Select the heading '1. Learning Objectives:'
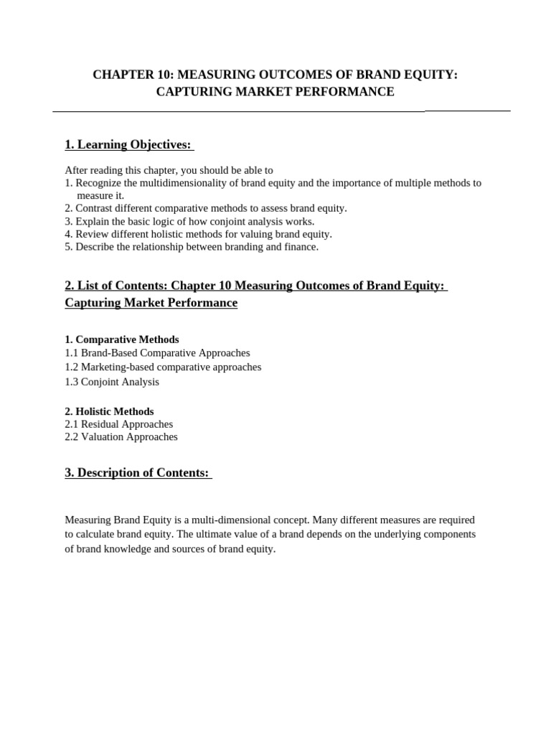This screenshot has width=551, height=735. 128,145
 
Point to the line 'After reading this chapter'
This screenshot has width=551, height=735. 169,170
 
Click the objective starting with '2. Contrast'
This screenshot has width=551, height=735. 205,208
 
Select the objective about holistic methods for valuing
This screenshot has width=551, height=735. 198,234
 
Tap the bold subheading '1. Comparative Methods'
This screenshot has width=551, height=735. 122,340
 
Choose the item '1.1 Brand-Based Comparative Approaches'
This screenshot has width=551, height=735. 157,353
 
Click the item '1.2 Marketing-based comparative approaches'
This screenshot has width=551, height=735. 163,367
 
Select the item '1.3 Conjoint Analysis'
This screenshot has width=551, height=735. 112,382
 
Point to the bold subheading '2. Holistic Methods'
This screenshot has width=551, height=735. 109,411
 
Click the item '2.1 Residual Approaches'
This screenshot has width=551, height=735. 119,424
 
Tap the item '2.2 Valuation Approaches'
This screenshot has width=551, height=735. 121,436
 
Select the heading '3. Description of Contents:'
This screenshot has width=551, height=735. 137,472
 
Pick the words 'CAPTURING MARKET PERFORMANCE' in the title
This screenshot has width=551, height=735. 275,92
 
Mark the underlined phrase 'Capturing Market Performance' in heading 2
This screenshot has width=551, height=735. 151,303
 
